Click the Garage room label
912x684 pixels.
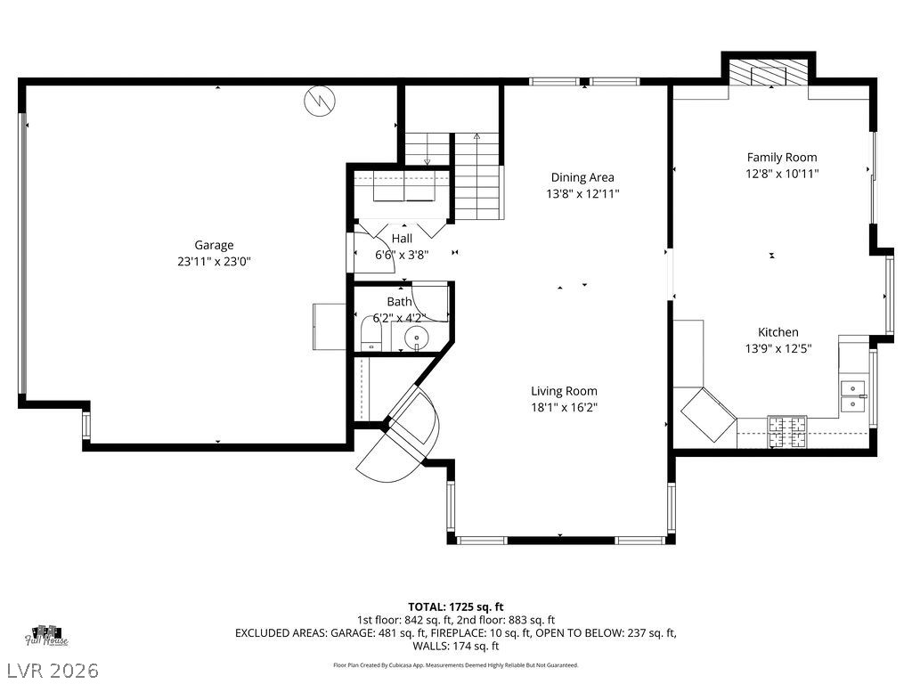(x=214, y=245)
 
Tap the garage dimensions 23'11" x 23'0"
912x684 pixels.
(x=214, y=262)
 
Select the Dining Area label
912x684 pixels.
(x=582, y=177)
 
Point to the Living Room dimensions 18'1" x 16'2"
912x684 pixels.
(x=564, y=407)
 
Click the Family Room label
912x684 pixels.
(x=781, y=158)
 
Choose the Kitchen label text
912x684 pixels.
(x=778, y=332)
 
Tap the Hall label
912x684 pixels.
(x=402, y=239)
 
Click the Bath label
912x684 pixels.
(x=399, y=302)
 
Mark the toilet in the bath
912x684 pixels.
(x=370, y=338)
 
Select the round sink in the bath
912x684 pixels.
(x=416, y=338)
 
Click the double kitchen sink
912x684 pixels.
(x=853, y=395)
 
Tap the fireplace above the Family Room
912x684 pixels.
(x=768, y=73)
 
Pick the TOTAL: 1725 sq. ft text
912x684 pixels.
(x=455, y=607)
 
